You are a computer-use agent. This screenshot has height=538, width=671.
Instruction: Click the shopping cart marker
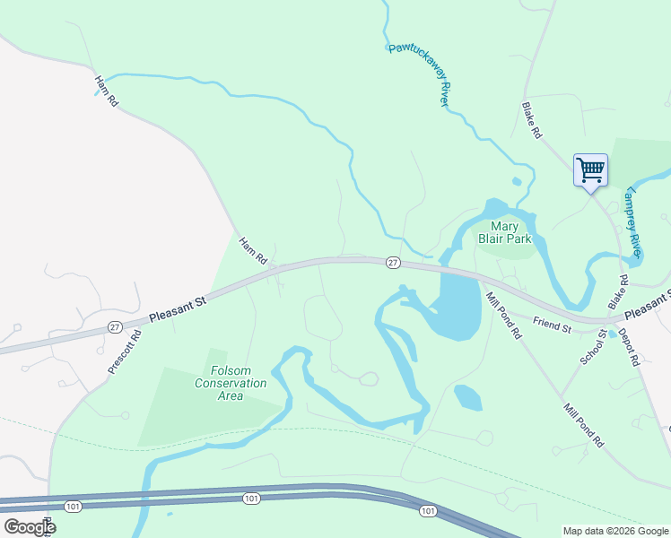pyautogui.click(x=590, y=169)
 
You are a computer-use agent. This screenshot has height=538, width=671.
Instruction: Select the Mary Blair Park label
pyautogui.click(x=510, y=232)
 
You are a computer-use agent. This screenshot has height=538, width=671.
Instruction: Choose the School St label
pyautogui.click(x=593, y=345)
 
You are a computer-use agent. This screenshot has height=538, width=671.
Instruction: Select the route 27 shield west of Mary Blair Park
pyautogui.click(x=393, y=262)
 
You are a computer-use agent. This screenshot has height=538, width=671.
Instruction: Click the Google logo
pyautogui.click(x=29, y=527)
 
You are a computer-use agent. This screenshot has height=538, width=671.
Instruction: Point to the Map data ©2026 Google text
pyautogui.click(x=615, y=531)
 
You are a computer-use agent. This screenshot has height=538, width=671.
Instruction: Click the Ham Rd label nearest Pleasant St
pyautogui.click(x=253, y=250)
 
